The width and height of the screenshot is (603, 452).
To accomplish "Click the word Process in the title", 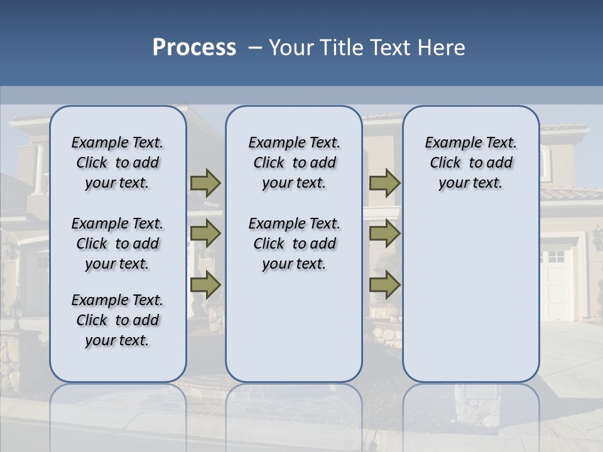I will [x=194, y=47].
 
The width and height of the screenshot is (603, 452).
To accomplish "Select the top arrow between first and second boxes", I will [x=205, y=183].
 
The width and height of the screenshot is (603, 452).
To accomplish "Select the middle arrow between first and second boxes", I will [x=205, y=234].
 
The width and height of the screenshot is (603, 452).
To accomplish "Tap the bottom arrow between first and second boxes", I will [x=205, y=285].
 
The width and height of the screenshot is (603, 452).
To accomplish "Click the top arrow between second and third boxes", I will [x=384, y=183].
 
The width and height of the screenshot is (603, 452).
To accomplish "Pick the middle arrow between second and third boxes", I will [x=384, y=234].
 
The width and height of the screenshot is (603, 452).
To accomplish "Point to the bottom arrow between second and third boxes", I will [x=384, y=285].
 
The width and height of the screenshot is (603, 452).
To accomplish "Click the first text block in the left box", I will [x=117, y=163].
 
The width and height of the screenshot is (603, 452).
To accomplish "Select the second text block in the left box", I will [x=117, y=244].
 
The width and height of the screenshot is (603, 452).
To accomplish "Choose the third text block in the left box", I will [x=117, y=320].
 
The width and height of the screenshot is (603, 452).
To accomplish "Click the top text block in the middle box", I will [x=294, y=163].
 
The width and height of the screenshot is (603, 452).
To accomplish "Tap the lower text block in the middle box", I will [x=294, y=244].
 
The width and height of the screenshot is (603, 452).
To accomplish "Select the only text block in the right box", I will [x=470, y=163].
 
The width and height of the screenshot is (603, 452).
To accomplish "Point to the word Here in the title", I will [x=442, y=48].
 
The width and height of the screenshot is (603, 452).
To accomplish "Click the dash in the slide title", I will [x=255, y=48].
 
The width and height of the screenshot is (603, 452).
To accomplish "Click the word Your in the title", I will [x=292, y=48].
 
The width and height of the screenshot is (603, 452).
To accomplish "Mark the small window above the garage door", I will [x=556, y=256].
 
